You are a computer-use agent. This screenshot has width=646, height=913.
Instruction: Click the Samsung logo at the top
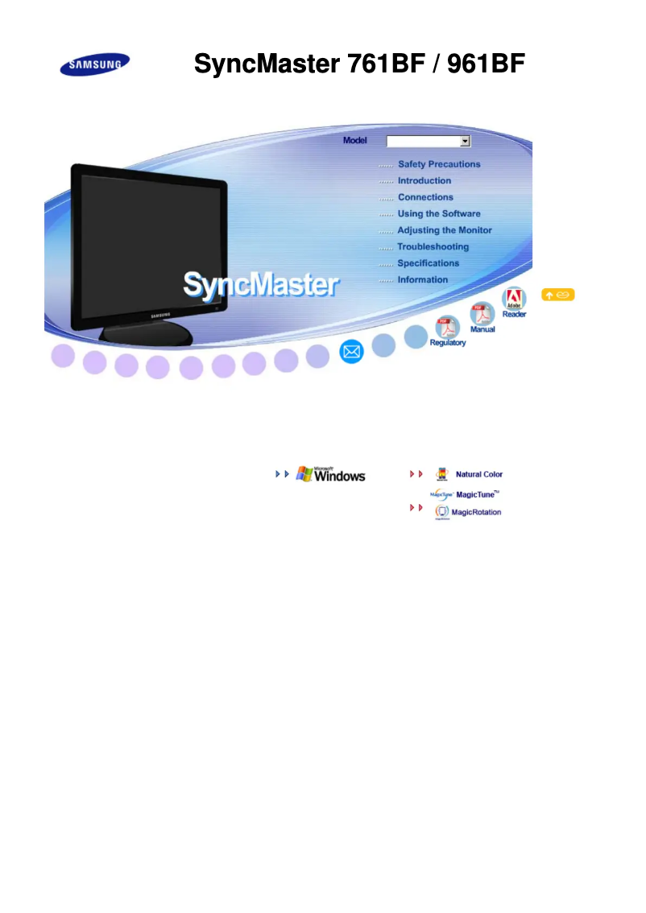point(95,64)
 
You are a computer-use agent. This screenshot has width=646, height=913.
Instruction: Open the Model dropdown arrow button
point(465,141)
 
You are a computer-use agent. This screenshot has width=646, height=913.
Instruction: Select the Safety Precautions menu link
point(439,164)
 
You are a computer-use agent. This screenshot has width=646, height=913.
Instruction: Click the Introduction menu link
point(424,180)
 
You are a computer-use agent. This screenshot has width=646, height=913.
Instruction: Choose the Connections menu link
point(426,197)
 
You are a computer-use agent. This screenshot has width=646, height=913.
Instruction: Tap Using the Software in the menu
point(439,213)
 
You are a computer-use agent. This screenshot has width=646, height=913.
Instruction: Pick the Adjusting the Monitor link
point(445,230)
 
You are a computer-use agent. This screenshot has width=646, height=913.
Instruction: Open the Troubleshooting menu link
point(433,247)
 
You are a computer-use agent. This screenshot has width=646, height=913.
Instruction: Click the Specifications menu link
point(429,263)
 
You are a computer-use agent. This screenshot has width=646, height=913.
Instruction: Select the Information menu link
point(423,279)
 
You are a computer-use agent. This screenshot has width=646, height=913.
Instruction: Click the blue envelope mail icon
point(351,352)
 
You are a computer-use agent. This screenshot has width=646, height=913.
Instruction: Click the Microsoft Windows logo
point(330,474)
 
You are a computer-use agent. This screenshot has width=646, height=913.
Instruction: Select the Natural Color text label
point(478,474)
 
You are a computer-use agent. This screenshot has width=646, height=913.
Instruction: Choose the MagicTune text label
point(476,494)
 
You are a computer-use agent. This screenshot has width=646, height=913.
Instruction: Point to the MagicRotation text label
point(477,512)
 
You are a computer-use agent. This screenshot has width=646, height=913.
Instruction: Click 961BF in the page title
point(486,64)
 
